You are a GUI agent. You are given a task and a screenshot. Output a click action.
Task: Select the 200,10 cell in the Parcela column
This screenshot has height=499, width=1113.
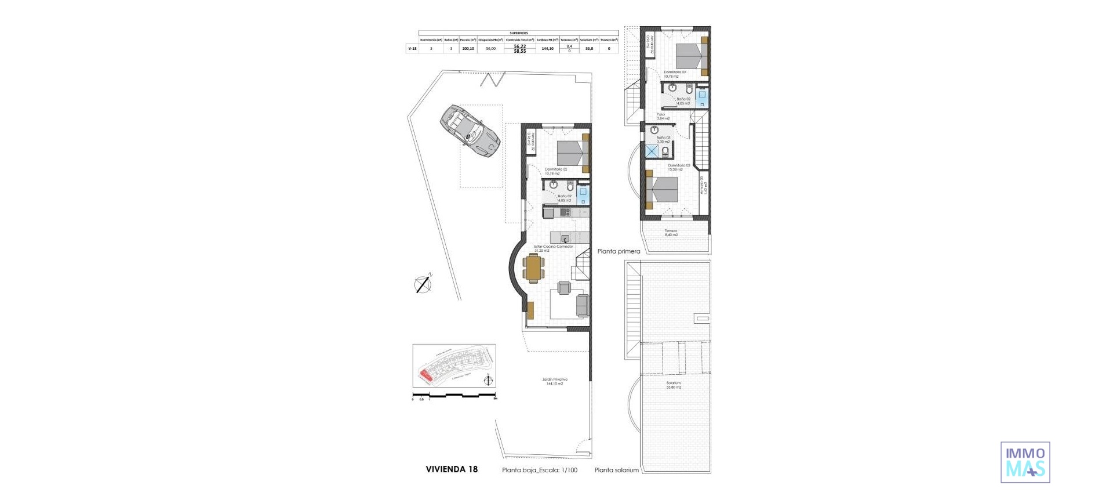click(468, 49)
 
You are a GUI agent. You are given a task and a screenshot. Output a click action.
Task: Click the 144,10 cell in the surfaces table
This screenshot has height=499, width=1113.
click(547, 49)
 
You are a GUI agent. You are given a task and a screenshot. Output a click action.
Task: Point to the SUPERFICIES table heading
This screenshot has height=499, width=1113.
click(518, 33)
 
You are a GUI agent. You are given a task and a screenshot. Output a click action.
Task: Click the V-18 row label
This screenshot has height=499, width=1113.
click(412, 49)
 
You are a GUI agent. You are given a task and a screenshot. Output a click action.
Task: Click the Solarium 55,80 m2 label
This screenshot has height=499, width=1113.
click(673, 385)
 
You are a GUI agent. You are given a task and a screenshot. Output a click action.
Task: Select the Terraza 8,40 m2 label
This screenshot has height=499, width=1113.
click(671, 233)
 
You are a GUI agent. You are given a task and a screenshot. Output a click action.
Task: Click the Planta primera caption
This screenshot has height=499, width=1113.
click(619, 251)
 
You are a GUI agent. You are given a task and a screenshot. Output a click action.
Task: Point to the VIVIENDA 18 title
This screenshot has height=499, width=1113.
click(452, 469)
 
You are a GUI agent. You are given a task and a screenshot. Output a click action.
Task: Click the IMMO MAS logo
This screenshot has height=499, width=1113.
click(1025, 462)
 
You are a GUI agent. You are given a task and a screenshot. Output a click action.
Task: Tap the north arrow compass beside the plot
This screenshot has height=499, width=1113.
click(423, 284)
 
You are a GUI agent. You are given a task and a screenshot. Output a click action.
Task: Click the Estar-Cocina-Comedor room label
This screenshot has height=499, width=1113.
click(553, 248)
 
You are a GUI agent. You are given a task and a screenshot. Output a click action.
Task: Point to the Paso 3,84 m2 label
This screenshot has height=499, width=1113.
click(663, 116)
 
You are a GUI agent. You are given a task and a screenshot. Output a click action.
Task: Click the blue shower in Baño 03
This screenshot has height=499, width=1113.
click(653, 151)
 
